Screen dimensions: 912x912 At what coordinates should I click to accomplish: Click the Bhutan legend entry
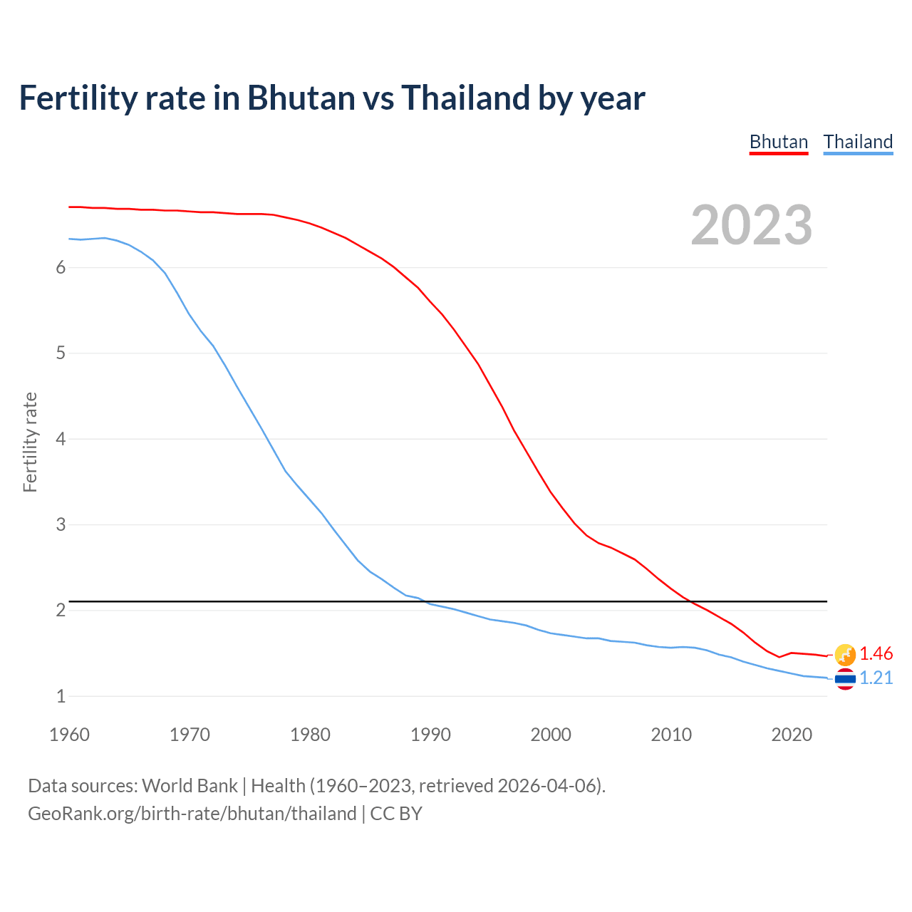tap(778, 142)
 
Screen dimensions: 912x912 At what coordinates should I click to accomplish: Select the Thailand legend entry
tap(858, 142)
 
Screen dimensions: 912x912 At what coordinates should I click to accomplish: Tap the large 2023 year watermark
tap(751, 225)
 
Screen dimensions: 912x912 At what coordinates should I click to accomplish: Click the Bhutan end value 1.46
tap(876, 653)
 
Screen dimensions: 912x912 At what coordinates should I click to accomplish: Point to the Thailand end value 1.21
tap(876, 678)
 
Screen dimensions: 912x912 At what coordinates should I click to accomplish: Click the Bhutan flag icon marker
tap(845, 654)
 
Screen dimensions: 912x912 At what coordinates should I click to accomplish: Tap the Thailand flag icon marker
tap(845, 679)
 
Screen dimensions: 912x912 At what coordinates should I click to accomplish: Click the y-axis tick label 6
tap(61, 267)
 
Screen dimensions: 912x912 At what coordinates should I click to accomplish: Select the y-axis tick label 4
tap(61, 439)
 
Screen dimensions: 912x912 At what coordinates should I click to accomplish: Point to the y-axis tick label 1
tap(61, 696)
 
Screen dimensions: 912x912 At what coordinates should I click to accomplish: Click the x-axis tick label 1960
tap(69, 735)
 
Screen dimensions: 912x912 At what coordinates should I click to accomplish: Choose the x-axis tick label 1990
tap(430, 735)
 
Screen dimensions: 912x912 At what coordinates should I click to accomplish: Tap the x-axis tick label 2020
tap(792, 735)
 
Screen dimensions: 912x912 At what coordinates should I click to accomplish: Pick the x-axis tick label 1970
tap(190, 735)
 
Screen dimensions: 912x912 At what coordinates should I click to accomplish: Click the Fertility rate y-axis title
tap(30, 442)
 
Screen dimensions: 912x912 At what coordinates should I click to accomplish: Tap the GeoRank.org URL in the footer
tap(192, 813)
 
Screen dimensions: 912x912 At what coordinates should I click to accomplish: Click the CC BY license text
tap(396, 813)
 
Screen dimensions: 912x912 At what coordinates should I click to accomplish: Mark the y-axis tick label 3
tap(61, 524)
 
